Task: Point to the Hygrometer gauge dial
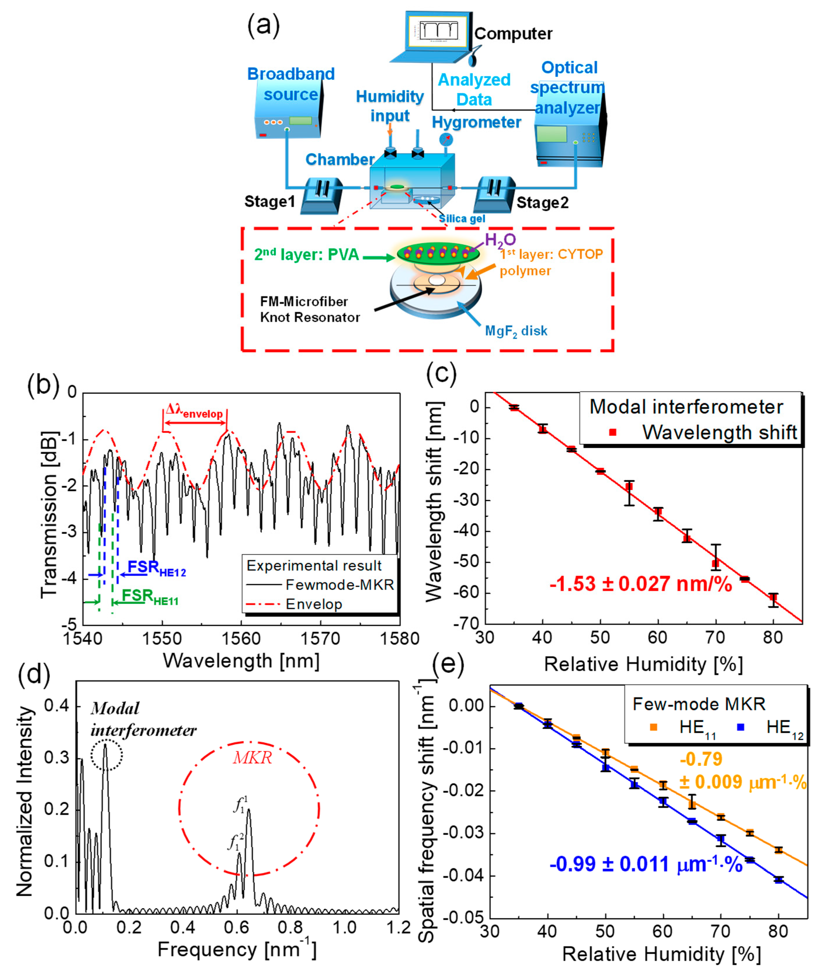pyautogui.click(x=446, y=139)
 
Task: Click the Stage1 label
pyautogui.click(x=270, y=202)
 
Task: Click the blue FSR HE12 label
pyautogui.click(x=157, y=568)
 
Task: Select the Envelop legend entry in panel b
pyautogui.click(x=314, y=604)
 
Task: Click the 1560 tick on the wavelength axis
pyautogui.click(x=241, y=638)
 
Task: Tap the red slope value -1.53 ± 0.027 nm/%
pyautogui.click(x=641, y=584)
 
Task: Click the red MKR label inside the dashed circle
pyautogui.click(x=252, y=758)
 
